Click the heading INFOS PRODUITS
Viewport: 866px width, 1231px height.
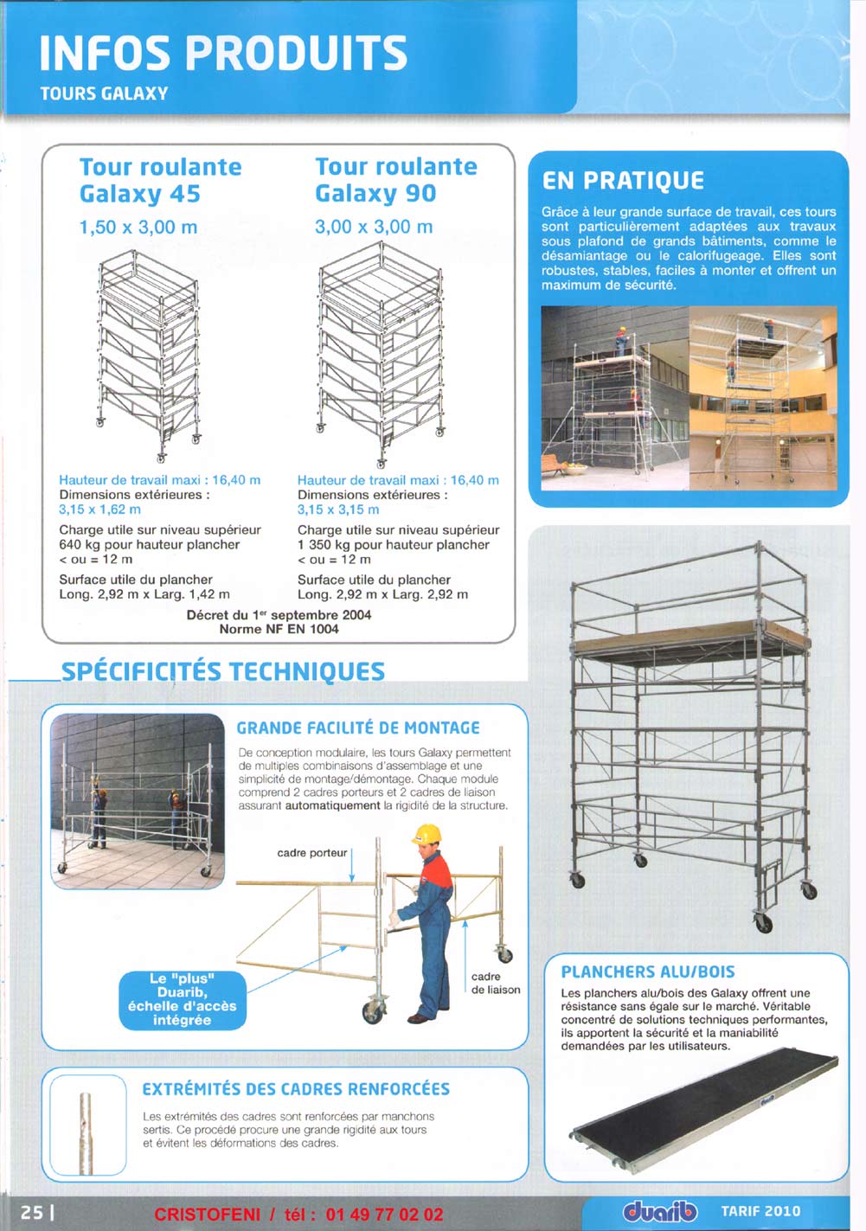pyautogui.click(x=222, y=53)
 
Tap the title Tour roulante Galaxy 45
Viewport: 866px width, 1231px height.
pyautogui.click(x=160, y=180)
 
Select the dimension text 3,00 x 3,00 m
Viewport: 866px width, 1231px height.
pyautogui.click(x=374, y=227)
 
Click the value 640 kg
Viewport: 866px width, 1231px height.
pyautogui.click(x=80, y=545)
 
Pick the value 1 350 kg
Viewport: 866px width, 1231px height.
pyautogui.click(x=324, y=545)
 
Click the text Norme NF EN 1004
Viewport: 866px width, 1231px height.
pyautogui.click(x=279, y=629)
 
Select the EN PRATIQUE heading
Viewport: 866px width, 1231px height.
pyautogui.click(x=623, y=181)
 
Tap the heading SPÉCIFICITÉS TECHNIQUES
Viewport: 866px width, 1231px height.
pyautogui.click(x=223, y=671)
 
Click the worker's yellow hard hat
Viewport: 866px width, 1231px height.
pyautogui.click(x=427, y=834)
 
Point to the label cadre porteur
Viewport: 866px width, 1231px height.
pyautogui.click(x=311, y=853)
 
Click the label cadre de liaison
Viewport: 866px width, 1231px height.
pyautogui.click(x=496, y=983)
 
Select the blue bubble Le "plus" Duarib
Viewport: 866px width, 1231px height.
pyautogui.click(x=182, y=999)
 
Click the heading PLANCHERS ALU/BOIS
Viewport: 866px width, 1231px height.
pyautogui.click(x=648, y=971)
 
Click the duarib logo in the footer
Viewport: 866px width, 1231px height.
pyautogui.click(x=659, y=1213)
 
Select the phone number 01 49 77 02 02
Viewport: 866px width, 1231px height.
pyautogui.click(x=384, y=1215)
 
